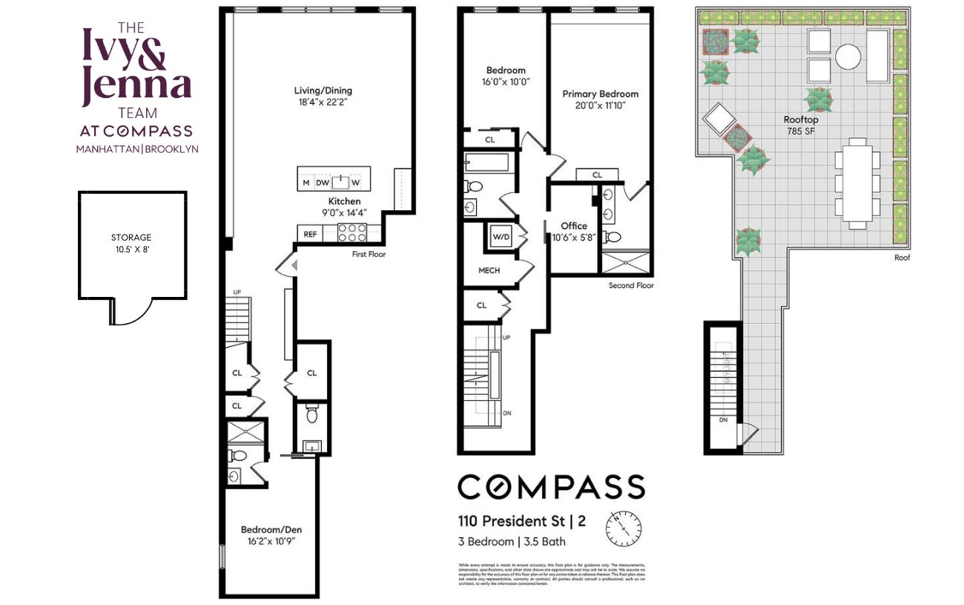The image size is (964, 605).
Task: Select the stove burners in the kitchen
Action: coord(353,233)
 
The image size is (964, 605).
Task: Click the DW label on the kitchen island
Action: coord(323,183)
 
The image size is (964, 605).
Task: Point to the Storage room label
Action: coord(131,238)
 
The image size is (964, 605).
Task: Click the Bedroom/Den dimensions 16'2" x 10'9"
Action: coord(271,542)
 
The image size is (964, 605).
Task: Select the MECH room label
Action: coord(489,270)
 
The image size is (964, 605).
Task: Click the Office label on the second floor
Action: coord(574,226)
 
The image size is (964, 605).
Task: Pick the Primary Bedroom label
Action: coord(600,94)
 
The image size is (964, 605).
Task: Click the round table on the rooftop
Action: coord(848,56)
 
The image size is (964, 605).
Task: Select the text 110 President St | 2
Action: coord(521,521)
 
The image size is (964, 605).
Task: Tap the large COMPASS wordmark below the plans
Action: coord(551,487)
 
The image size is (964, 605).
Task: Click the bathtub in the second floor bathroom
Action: coord(486,163)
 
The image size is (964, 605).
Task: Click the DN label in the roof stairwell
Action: coord(723,420)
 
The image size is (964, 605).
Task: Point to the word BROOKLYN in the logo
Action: coord(171,148)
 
